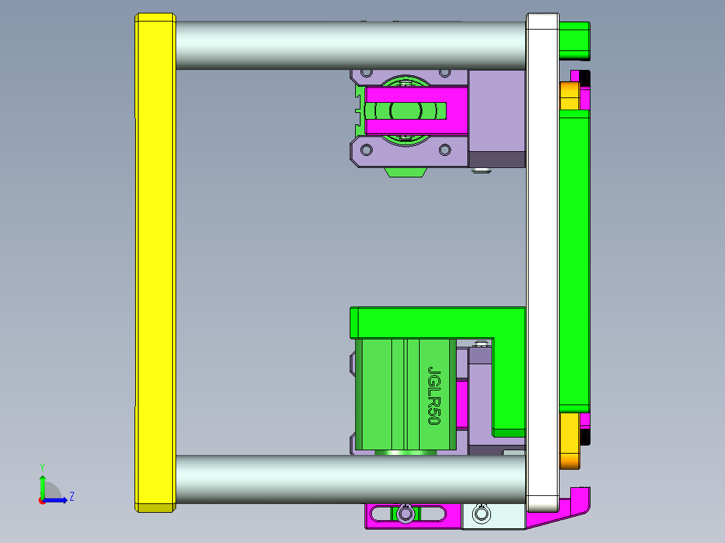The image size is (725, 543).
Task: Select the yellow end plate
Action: pyautogui.click(x=155, y=262)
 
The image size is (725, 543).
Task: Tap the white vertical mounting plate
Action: pyautogui.click(x=542, y=262)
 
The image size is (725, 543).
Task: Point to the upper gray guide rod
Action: pyautogui.click(x=350, y=45)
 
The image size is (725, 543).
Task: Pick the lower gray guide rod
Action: pyautogui.click(x=350, y=478)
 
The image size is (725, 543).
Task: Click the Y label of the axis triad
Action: pyautogui.click(x=42, y=466)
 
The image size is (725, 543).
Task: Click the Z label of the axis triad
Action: pyautogui.click(x=71, y=497)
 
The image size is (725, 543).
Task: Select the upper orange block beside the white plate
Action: pyautogui.click(x=569, y=95)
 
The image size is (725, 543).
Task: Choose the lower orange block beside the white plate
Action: pyautogui.click(x=569, y=440)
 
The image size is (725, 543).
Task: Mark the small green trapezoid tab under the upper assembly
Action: pyautogui.click(x=406, y=172)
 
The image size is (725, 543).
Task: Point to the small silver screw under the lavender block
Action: pyautogui.click(x=480, y=171)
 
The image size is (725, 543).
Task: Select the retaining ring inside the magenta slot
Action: pyautogui.click(x=405, y=514)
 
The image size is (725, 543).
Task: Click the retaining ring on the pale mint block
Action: pyautogui.click(x=481, y=514)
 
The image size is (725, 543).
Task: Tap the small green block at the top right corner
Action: pyautogui.click(x=574, y=40)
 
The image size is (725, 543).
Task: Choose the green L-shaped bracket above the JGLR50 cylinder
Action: pyautogui.click(x=437, y=322)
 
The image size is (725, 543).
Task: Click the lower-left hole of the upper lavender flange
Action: pyautogui.click(x=367, y=149)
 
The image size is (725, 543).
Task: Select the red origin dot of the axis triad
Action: pyautogui.click(x=42, y=500)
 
